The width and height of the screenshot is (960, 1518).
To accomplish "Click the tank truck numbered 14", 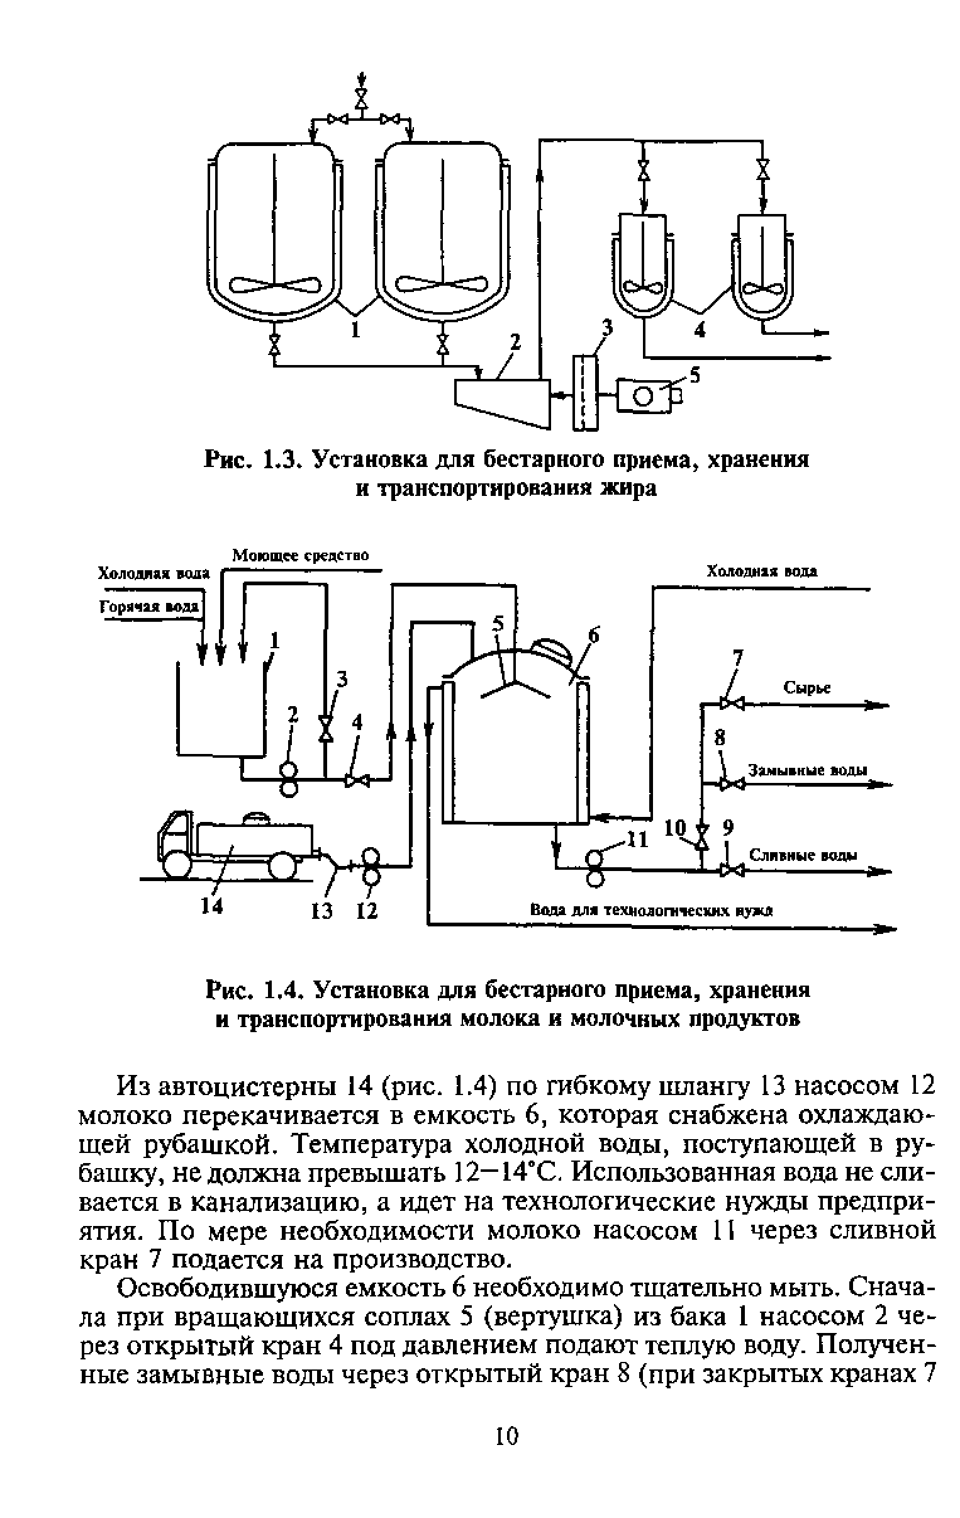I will click(x=233, y=844).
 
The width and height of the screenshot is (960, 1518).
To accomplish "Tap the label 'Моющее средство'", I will click(x=300, y=555).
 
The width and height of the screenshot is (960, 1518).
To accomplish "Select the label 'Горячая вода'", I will click(x=150, y=607).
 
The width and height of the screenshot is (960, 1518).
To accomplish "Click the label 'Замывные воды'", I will click(x=808, y=770).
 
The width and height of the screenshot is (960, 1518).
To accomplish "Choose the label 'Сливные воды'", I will click(x=803, y=855).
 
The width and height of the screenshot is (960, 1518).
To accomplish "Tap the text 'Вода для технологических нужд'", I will click(x=651, y=910).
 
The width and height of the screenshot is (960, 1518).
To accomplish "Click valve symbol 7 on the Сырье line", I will click(x=731, y=704).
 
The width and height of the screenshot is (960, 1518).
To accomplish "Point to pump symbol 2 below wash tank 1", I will click(x=289, y=779).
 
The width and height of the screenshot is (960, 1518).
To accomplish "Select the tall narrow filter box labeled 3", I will click(x=585, y=392).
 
